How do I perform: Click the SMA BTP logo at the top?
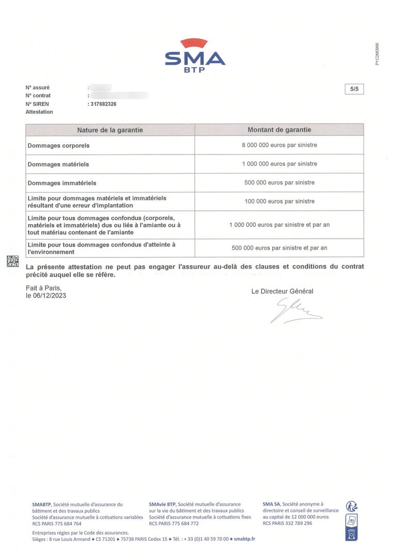click(195, 55)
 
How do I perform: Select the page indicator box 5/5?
click(354, 89)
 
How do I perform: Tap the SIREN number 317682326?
click(103, 104)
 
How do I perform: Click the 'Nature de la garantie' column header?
click(110, 130)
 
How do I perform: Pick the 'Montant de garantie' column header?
click(279, 130)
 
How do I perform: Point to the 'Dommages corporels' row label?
click(58, 146)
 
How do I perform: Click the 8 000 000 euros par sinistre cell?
click(279, 145)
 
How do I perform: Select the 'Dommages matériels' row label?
click(58, 164)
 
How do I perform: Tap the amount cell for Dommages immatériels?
click(279, 182)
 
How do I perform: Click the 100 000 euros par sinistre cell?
click(279, 202)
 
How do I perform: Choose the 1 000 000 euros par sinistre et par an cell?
click(279, 225)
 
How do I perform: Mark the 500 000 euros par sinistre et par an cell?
click(279, 248)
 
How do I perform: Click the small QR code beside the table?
click(13, 261)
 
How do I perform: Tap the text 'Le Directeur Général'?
click(282, 291)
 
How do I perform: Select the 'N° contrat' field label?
click(38, 96)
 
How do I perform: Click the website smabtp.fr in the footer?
click(244, 538)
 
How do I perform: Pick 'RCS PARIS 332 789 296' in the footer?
click(287, 523)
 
